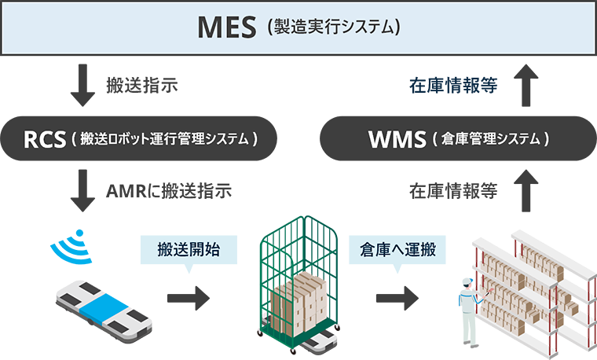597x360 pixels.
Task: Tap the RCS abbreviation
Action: coord(44,139)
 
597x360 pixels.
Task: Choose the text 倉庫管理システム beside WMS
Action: coord(490,139)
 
